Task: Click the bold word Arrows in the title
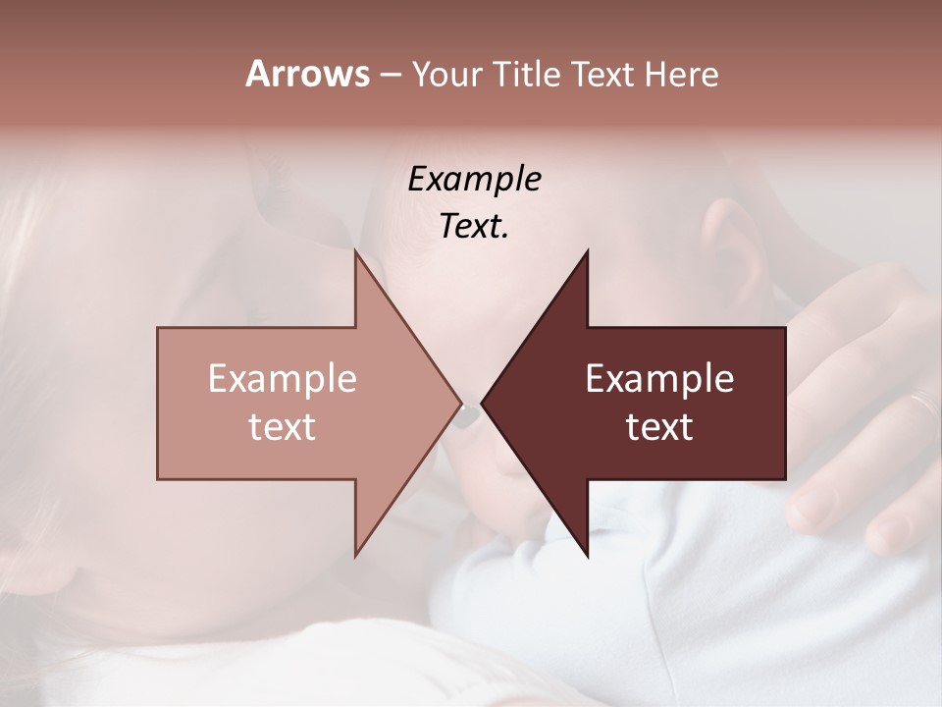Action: click(x=307, y=74)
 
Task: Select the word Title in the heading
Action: click(x=529, y=75)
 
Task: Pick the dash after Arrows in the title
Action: click(x=390, y=76)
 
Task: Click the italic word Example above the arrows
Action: click(x=474, y=180)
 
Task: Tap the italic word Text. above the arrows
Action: click(x=474, y=227)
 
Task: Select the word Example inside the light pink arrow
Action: click(x=283, y=379)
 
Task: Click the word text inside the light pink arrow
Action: click(x=283, y=427)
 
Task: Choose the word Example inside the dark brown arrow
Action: click(x=659, y=379)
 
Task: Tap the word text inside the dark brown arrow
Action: click(x=659, y=427)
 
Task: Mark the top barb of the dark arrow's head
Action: click(x=587, y=253)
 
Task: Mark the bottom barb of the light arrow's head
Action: click(x=356, y=554)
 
